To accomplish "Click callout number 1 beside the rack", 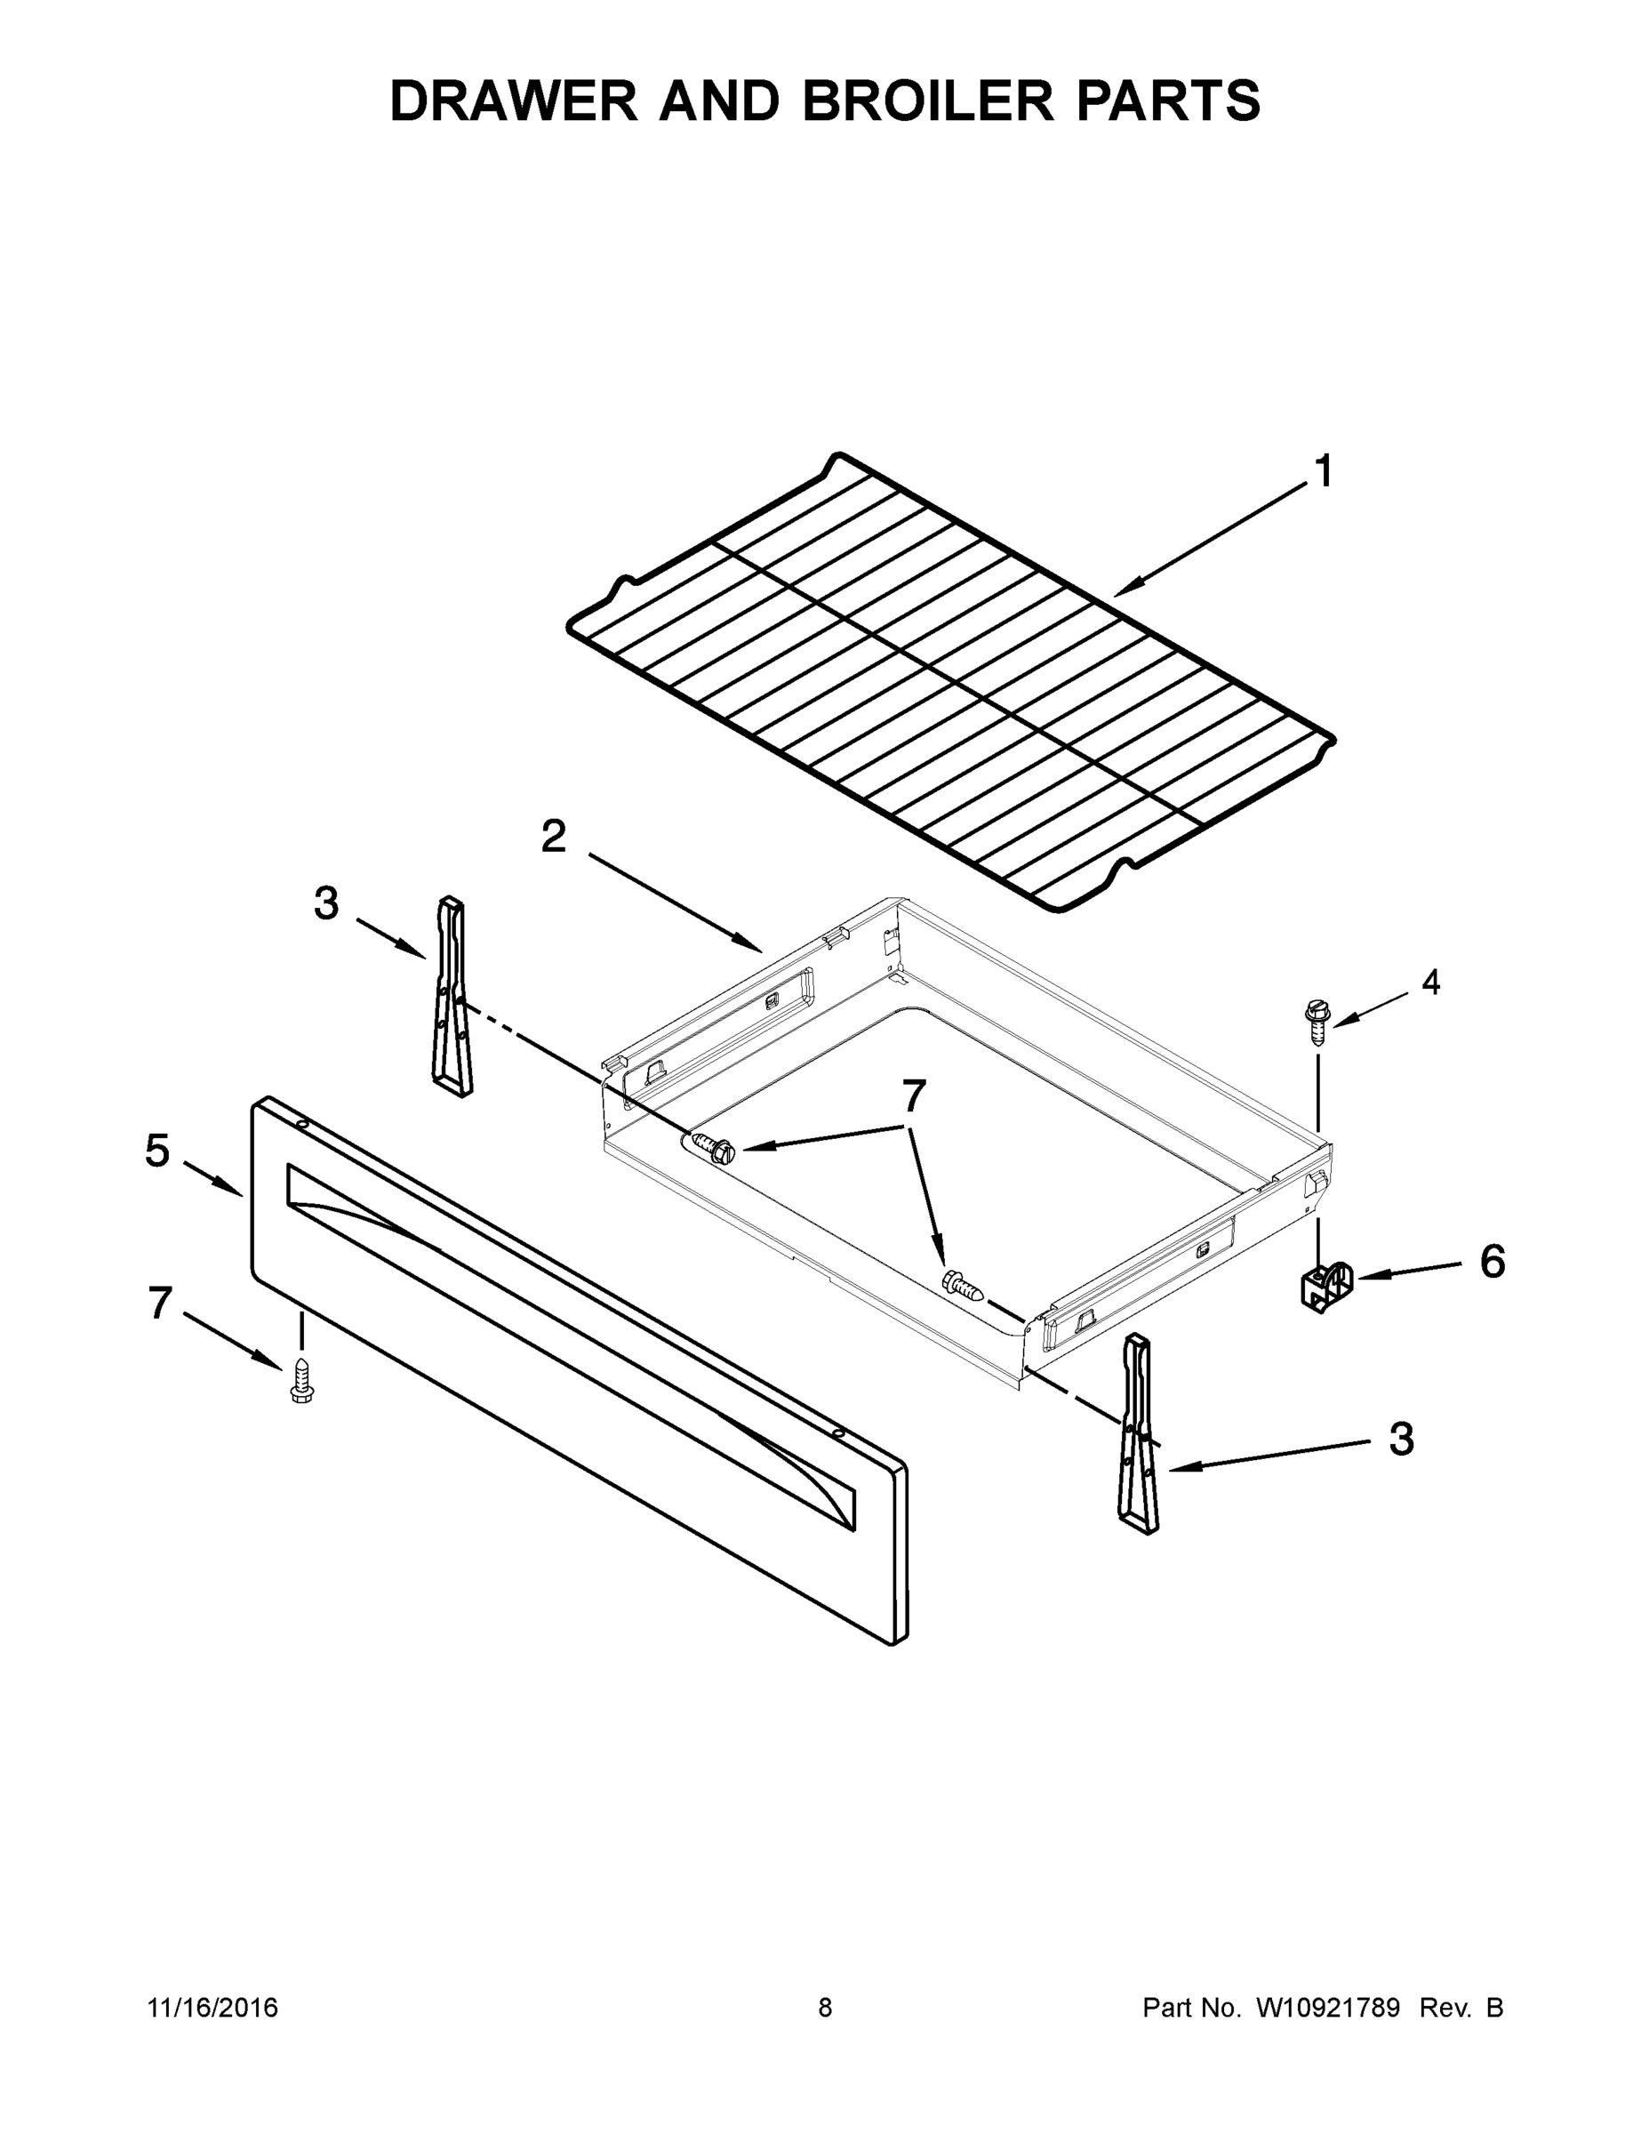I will coord(1324,472).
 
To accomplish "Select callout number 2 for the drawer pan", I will coord(553,837).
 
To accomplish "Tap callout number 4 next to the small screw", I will coord(1430,982).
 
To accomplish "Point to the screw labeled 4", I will coord(1317,1022).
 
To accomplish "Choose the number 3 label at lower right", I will coord(1401,1440).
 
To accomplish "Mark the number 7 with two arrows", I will coord(914,1096).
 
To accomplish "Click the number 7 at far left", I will coord(160,1304).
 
